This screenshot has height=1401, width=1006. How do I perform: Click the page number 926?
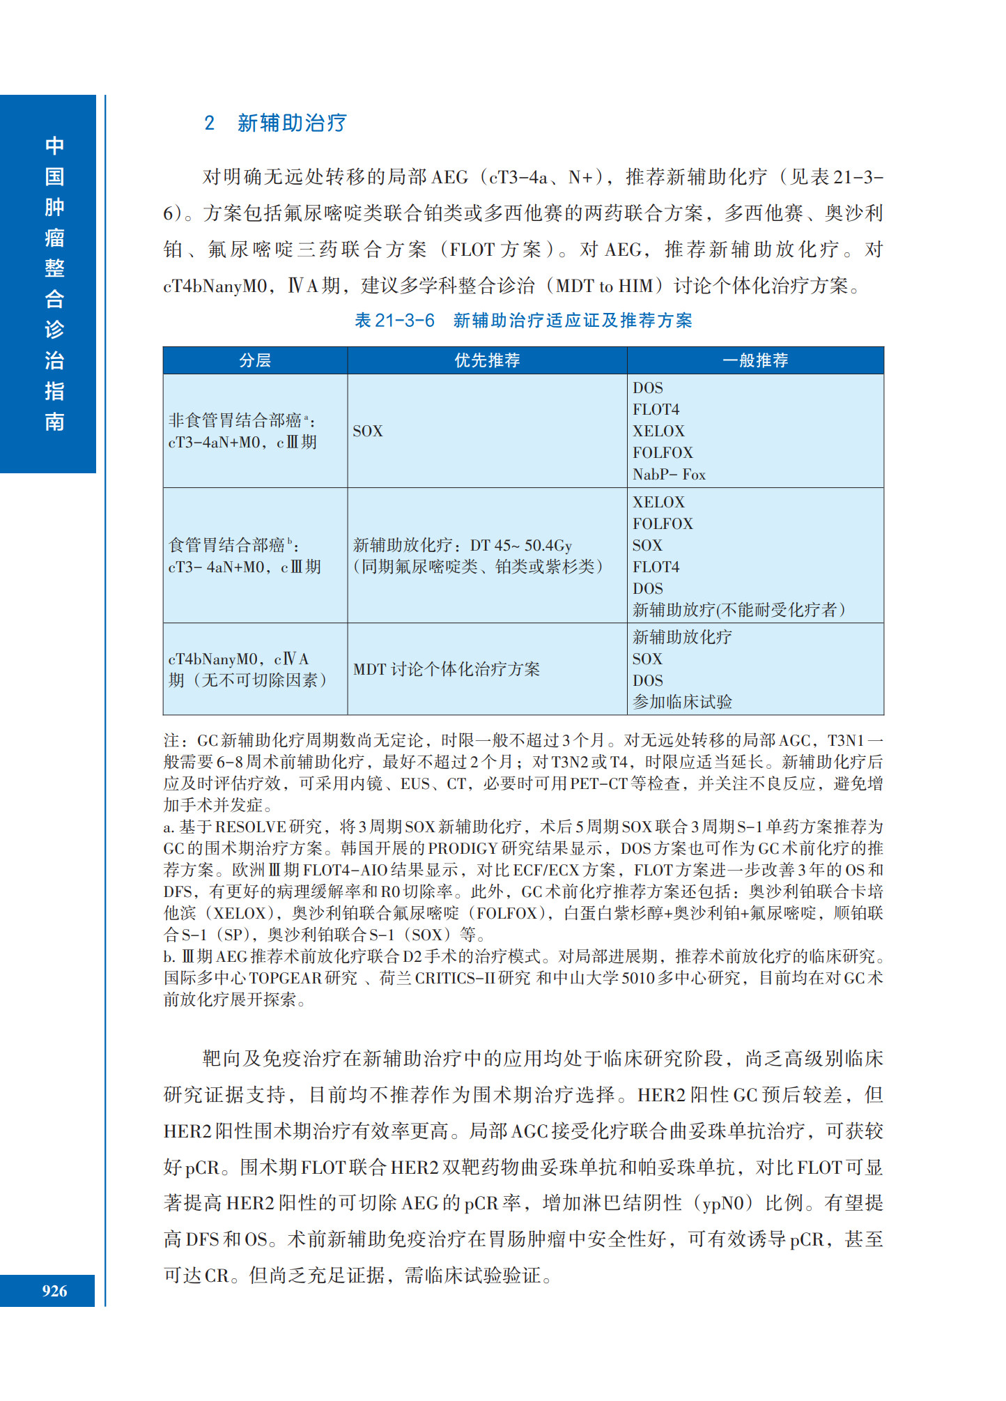(x=54, y=1291)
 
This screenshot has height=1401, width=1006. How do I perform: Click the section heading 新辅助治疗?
(x=291, y=123)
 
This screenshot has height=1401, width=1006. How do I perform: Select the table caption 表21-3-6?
(x=394, y=321)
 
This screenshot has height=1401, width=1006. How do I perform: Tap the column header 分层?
(x=255, y=360)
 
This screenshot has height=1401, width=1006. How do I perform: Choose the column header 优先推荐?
(x=487, y=360)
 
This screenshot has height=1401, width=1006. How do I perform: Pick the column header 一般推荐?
(x=755, y=360)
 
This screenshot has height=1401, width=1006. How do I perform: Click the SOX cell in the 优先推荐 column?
(x=368, y=431)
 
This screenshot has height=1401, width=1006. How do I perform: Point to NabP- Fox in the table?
(x=669, y=475)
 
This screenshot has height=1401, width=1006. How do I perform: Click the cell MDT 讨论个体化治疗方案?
(x=447, y=669)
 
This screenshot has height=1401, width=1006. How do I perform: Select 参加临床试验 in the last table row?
(x=682, y=702)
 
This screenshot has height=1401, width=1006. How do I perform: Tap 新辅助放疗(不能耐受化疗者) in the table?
(x=738, y=610)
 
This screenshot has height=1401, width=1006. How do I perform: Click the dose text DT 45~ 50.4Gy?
(x=520, y=545)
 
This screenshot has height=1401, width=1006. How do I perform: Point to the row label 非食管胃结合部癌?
(x=235, y=420)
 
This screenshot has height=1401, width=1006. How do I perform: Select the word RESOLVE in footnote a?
(x=251, y=827)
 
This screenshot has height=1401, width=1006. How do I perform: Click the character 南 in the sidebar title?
(x=54, y=422)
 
